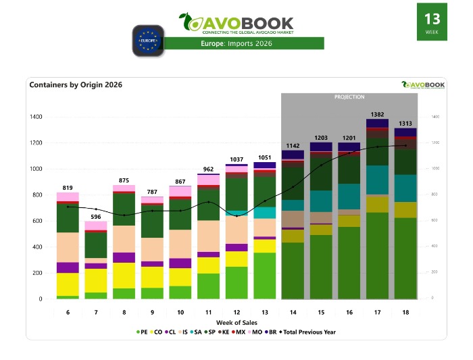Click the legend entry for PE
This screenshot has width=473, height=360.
141,332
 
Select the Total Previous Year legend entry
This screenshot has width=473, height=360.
307,332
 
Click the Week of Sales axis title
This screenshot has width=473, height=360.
236,322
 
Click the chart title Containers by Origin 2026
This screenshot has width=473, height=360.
76,85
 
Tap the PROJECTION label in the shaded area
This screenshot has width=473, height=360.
349,97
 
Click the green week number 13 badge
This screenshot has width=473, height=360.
431,22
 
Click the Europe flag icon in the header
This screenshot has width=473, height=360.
148,40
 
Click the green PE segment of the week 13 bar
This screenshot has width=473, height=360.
264,276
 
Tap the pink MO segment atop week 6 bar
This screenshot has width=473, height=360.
68,197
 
